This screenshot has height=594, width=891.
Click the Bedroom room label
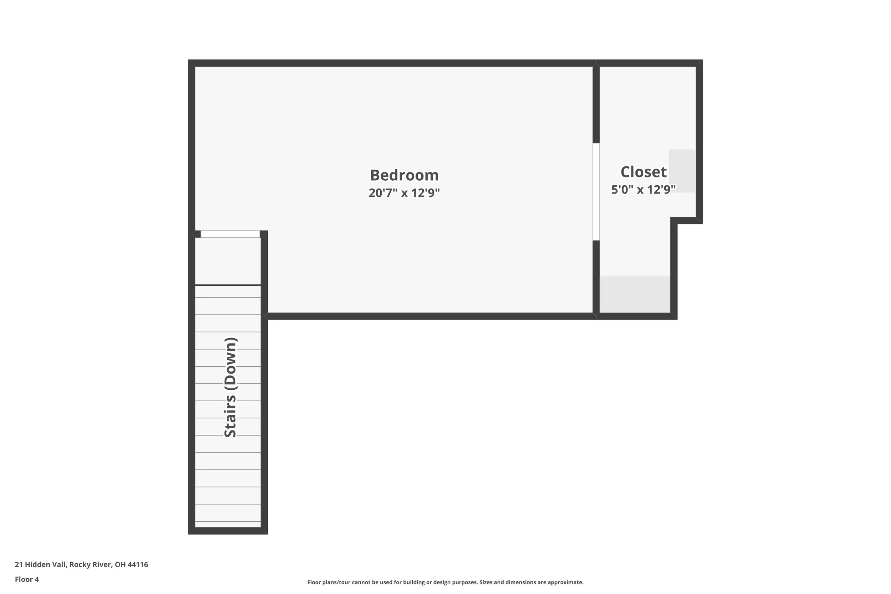click(x=404, y=175)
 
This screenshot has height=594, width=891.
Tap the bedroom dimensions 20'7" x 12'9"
click(x=404, y=193)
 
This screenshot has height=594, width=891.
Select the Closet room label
click(x=643, y=172)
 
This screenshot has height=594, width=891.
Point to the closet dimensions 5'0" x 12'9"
click(x=643, y=190)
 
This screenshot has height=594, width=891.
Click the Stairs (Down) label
click(x=230, y=387)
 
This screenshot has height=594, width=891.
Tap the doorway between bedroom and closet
click(x=596, y=192)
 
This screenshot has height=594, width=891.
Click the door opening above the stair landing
click(x=230, y=234)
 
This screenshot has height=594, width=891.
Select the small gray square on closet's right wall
click(x=682, y=171)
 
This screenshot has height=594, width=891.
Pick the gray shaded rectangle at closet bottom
click(x=635, y=294)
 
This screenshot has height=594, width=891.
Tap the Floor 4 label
click(x=27, y=579)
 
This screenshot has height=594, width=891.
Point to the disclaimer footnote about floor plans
click(x=445, y=582)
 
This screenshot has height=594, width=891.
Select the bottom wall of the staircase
click(x=228, y=531)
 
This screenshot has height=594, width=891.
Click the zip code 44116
click(x=138, y=564)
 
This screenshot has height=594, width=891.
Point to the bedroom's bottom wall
click(x=430, y=316)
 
